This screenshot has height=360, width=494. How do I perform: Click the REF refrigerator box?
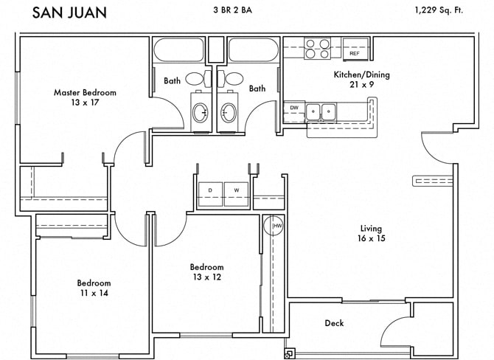click(354, 53)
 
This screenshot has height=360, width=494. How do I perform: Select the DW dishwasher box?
click(293, 108)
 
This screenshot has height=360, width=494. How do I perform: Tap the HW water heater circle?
click(276, 226)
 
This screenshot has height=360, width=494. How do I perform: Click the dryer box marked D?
click(210, 190)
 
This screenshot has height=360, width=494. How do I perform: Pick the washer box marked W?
click(237, 190)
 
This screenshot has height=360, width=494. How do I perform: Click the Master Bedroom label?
click(85, 93)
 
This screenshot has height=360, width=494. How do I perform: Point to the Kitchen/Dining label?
click(361, 75)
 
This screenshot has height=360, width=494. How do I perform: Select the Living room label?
click(372, 228)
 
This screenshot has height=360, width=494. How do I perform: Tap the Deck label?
click(334, 323)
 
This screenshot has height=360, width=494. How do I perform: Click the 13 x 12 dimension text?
click(206, 277)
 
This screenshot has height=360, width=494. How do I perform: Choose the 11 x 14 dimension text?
click(94, 293)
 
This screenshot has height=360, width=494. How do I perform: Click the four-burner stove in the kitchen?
click(317, 48)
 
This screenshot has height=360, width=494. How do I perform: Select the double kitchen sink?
click(321, 112)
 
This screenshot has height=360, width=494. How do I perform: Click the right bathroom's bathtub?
click(252, 50)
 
